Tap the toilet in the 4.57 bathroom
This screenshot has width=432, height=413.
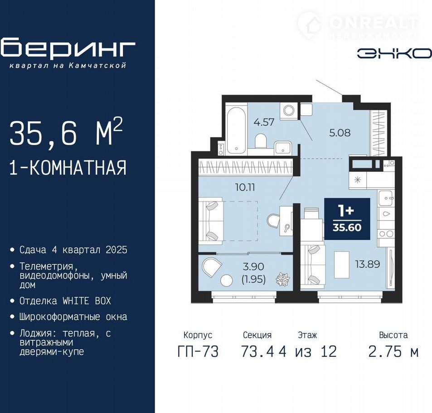coord(260,141)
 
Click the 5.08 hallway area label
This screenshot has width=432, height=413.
coord(340,133)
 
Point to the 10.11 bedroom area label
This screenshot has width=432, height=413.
coord(245,187)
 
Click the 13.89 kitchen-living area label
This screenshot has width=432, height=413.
coord(368,264)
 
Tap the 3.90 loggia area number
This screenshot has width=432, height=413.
coord(253,266)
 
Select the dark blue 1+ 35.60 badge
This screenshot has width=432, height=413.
coord(347,219)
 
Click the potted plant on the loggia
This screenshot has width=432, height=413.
coord(283,279)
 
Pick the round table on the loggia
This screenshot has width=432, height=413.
coord(227,280)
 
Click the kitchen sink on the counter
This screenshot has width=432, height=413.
coord(385,198)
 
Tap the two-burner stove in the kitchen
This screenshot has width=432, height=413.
coord(386,234)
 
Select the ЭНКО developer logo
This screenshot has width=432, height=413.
coord(394,53)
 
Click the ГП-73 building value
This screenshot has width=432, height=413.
coord(198,351)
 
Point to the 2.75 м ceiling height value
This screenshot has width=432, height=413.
coord(393,351)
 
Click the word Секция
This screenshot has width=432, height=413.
coord(257,335)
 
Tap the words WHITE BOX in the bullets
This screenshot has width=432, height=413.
coord(87,301)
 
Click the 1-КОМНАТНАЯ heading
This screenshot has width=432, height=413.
coord(68,167)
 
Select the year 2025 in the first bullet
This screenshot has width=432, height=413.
coord(116,250)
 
